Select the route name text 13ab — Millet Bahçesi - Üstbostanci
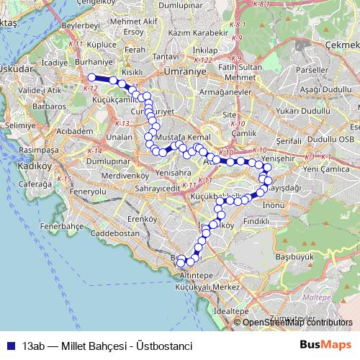pos(107,346)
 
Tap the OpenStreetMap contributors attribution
pos(297,322)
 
